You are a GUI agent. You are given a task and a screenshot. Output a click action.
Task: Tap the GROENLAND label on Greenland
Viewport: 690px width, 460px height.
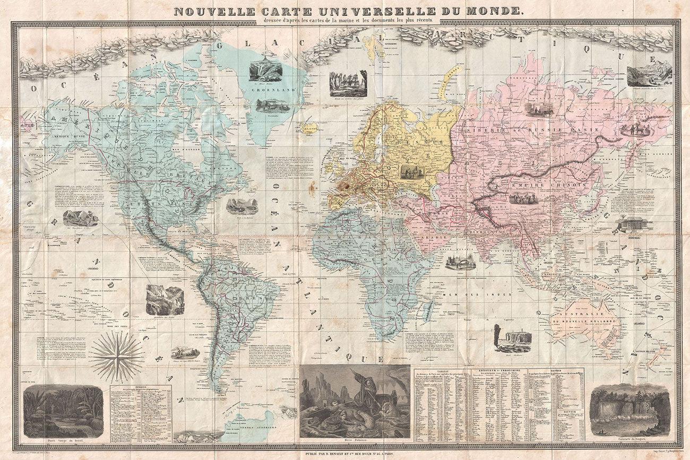(272, 90)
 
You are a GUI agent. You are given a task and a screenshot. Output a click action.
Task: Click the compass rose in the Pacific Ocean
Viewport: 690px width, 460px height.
(116, 356)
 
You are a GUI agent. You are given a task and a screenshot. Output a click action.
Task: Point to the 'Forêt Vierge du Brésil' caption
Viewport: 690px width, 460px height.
(63, 441)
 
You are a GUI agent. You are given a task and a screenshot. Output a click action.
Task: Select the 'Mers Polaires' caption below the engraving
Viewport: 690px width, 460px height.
(355, 441)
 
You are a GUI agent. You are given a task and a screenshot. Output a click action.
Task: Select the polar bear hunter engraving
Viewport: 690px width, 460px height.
(355, 401)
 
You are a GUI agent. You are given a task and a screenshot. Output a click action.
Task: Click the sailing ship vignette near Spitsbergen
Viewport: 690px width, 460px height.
(348, 83)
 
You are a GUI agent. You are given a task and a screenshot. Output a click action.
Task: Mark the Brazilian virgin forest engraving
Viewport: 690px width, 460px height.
(63, 411)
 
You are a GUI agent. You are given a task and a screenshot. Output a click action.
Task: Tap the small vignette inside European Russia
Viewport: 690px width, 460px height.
(409, 171)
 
